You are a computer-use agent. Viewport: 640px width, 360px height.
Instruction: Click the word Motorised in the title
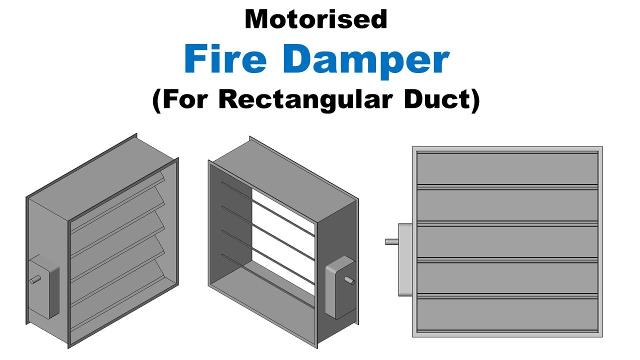tap(316, 19)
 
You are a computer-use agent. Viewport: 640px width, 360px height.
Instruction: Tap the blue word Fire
tap(225, 59)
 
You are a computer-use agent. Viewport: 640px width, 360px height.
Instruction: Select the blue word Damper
tap(366, 61)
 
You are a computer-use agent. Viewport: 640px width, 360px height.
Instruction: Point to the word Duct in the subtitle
tap(437, 99)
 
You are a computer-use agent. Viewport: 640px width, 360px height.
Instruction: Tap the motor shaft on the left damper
tap(35, 279)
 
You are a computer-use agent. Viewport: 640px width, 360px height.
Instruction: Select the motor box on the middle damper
tap(340, 287)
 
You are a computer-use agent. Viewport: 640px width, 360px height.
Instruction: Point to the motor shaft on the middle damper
tap(349, 280)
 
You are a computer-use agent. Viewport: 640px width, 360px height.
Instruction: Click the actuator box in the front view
tap(405, 259)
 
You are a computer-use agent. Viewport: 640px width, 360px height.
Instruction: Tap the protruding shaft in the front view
tap(391, 242)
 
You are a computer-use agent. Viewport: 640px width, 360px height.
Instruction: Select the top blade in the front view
tap(507, 169)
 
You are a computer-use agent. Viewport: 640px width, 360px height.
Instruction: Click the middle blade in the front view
tap(507, 241)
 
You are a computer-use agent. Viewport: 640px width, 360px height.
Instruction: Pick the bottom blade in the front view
tap(507, 314)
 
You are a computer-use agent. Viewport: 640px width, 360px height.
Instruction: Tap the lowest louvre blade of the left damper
tap(117, 294)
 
